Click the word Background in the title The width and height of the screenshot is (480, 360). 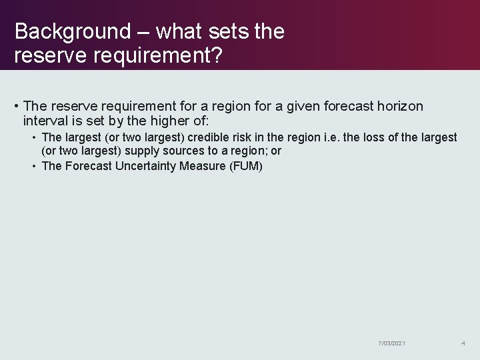click(x=73, y=31)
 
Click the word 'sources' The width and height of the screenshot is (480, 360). click(x=177, y=151)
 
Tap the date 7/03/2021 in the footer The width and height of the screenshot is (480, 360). click(x=391, y=343)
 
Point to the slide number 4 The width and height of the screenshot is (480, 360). click(x=463, y=343)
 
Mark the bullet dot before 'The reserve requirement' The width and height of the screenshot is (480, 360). click(x=15, y=107)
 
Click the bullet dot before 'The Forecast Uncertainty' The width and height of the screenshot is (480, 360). click(x=34, y=166)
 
